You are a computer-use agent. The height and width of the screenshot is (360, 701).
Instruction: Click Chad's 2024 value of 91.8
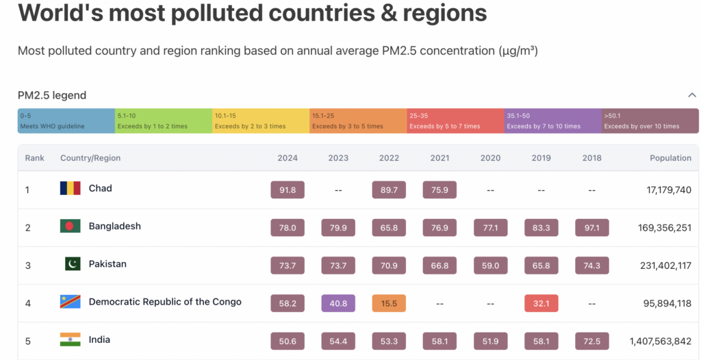pyautogui.click(x=288, y=190)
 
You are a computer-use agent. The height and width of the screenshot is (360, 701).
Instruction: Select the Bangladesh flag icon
pyautogui.click(x=70, y=227)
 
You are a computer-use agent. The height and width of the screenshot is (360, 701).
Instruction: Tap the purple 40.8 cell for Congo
pyautogui.click(x=338, y=303)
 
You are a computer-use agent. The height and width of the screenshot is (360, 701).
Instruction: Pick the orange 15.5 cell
pyautogui.click(x=389, y=303)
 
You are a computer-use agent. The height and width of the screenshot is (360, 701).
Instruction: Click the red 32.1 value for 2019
pyautogui.click(x=541, y=303)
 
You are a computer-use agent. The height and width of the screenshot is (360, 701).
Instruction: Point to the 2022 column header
pyautogui.click(x=389, y=158)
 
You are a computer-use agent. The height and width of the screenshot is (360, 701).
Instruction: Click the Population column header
pyautogui.click(x=670, y=158)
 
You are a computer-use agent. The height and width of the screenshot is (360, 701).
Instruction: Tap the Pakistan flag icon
pyautogui.click(x=73, y=264)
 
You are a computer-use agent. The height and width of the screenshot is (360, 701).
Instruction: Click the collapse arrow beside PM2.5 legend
pyautogui.click(x=692, y=95)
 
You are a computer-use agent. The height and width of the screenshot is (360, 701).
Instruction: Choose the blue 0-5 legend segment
pyautogui.click(x=66, y=121)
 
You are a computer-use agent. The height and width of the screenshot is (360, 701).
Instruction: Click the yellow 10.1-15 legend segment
pyautogui.click(x=260, y=121)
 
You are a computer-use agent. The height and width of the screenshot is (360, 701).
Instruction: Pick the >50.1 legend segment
pyautogui.click(x=650, y=121)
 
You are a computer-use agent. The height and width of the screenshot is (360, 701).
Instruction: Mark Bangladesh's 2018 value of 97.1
pyautogui.click(x=591, y=228)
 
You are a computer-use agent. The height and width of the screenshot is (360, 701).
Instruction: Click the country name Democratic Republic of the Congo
pyautogui.click(x=165, y=302)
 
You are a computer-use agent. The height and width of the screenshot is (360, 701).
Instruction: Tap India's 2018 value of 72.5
pyautogui.click(x=591, y=341)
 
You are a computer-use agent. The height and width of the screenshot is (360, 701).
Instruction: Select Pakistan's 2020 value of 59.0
pyautogui.click(x=490, y=266)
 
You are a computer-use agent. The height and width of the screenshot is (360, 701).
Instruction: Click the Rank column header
pyautogui.click(x=34, y=158)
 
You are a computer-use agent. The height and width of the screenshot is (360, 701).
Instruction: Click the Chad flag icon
pyautogui.click(x=70, y=188)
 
